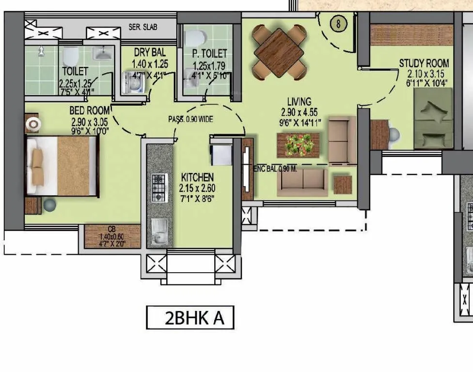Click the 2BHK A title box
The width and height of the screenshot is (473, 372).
(x=190, y=318)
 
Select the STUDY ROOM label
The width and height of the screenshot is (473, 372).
(x=424, y=63)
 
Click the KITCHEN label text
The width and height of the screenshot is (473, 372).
(x=197, y=177)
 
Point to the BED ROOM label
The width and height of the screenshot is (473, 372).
(x=89, y=111)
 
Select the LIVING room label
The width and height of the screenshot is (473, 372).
(x=299, y=102)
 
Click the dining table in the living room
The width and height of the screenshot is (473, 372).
(x=279, y=52)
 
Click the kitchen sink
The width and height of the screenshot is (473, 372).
(x=159, y=232)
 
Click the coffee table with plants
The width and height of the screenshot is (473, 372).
(x=298, y=144)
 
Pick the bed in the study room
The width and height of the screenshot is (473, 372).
(x=433, y=118)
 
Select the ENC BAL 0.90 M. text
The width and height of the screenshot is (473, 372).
(x=275, y=168)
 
